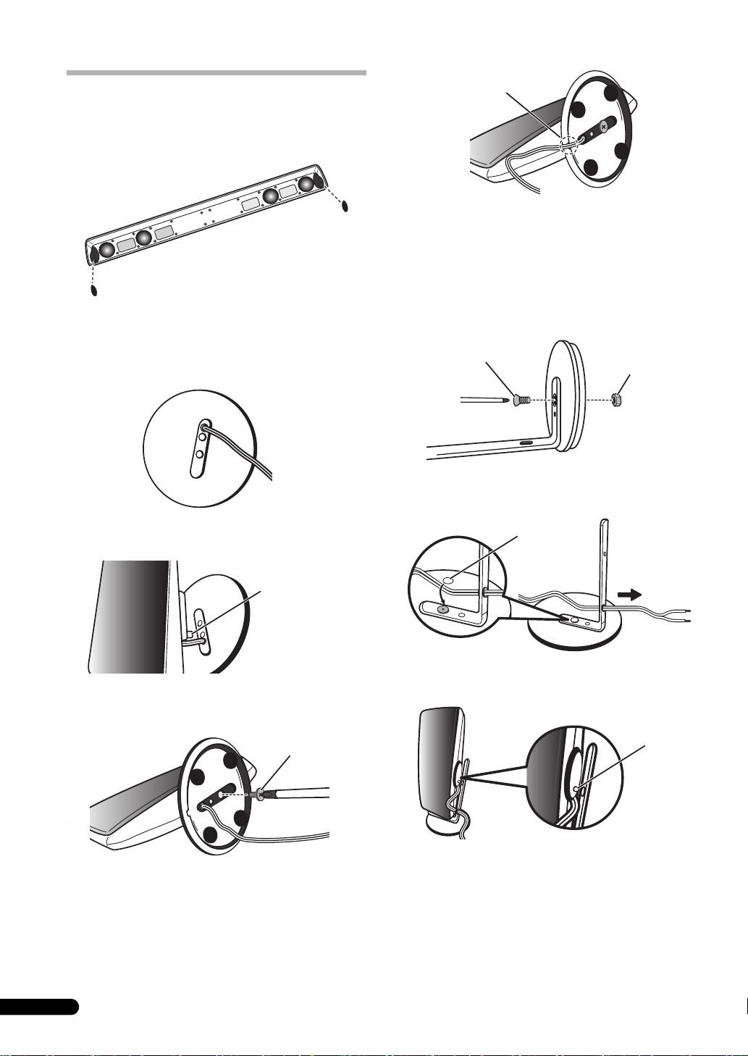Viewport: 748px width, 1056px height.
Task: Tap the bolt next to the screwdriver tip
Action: click(x=519, y=398)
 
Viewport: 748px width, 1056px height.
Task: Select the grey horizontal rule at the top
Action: click(x=216, y=73)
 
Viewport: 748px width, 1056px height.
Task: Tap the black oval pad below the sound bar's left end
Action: click(x=93, y=290)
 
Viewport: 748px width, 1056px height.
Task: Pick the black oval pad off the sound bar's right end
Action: click(x=345, y=205)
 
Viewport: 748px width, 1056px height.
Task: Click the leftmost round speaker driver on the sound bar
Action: click(x=107, y=250)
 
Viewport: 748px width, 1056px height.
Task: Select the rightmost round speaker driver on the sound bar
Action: click(x=308, y=184)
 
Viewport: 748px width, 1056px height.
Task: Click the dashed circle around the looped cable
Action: click(x=567, y=145)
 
